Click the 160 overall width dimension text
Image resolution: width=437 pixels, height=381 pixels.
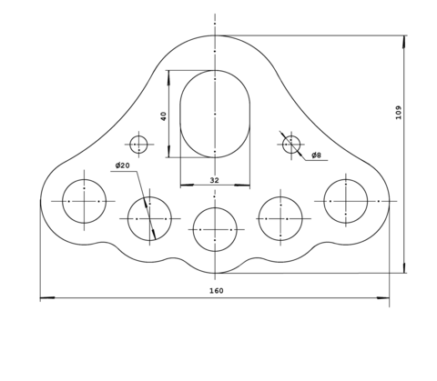(x=217, y=291)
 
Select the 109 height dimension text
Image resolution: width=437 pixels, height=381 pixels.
(x=399, y=113)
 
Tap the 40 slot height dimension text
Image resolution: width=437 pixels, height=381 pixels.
(x=164, y=116)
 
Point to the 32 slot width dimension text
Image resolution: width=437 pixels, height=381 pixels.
(x=214, y=180)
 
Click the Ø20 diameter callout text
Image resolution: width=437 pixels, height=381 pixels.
(x=122, y=165)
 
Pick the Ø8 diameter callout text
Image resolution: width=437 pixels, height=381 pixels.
(x=316, y=155)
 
